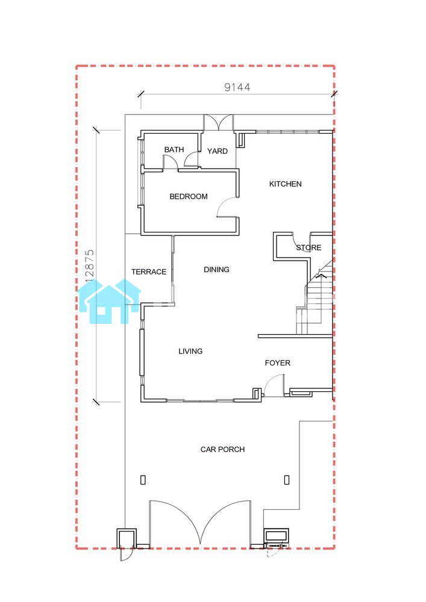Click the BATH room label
(x=174, y=150)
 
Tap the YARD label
(x=218, y=151)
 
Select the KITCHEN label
(x=286, y=184)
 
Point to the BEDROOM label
(x=189, y=197)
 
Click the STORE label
(x=309, y=247)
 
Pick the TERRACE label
(x=149, y=272)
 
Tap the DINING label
(x=217, y=270)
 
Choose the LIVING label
(x=190, y=352)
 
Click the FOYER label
(x=278, y=363)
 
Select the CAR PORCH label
(x=223, y=449)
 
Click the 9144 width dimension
(x=237, y=87)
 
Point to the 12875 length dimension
(x=90, y=265)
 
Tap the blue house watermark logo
(x=110, y=302)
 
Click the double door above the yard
(x=218, y=123)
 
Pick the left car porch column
(x=143, y=480)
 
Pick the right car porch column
(x=287, y=480)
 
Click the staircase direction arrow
(x=321, y=275)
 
